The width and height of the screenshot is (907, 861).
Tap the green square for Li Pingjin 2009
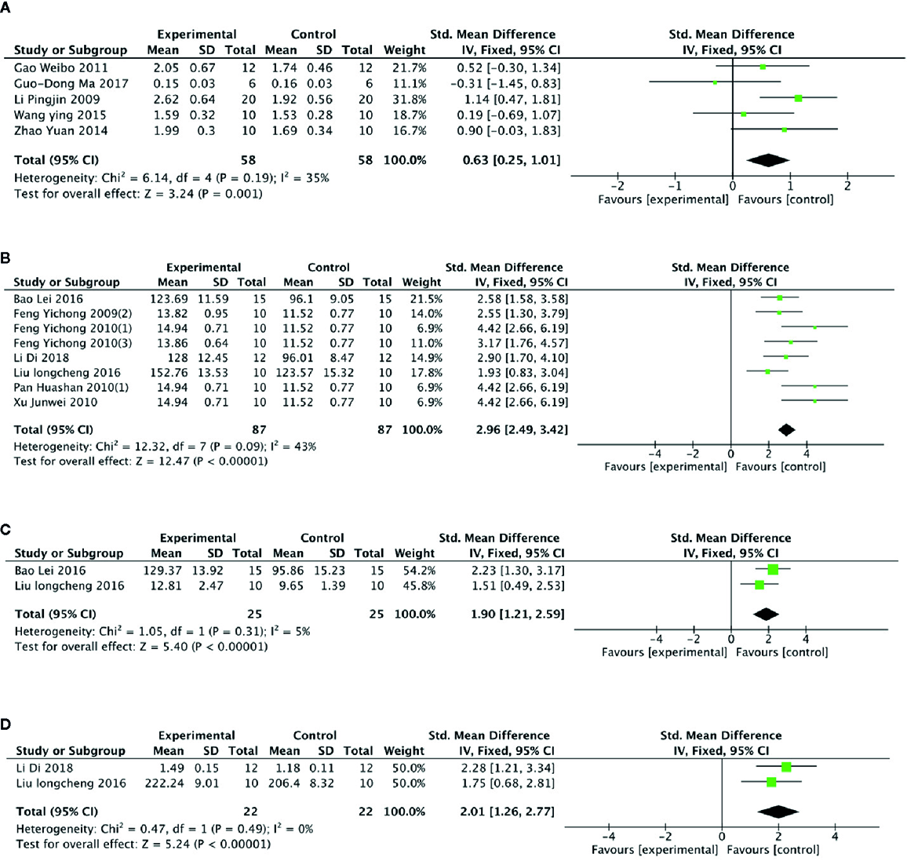798,99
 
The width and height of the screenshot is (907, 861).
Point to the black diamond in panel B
785,429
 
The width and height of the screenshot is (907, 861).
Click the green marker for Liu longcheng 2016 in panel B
767,372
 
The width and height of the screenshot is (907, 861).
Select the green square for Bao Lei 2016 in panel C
773,570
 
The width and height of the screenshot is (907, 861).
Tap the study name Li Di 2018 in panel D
44,768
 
